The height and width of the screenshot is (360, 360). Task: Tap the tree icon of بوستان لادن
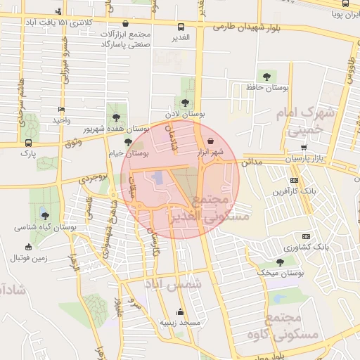[x=186, y=102]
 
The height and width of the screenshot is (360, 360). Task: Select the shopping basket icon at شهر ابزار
[x=212, y=140]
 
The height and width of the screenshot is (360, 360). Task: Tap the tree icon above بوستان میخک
[x=281, y=262]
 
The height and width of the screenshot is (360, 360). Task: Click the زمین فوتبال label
[x=27, y=258]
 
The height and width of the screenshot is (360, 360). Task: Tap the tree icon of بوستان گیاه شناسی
[x=45, y=216]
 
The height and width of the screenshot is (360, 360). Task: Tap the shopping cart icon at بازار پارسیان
[x=304, y=148]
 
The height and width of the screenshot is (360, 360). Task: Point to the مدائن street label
[x=252, y=162]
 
